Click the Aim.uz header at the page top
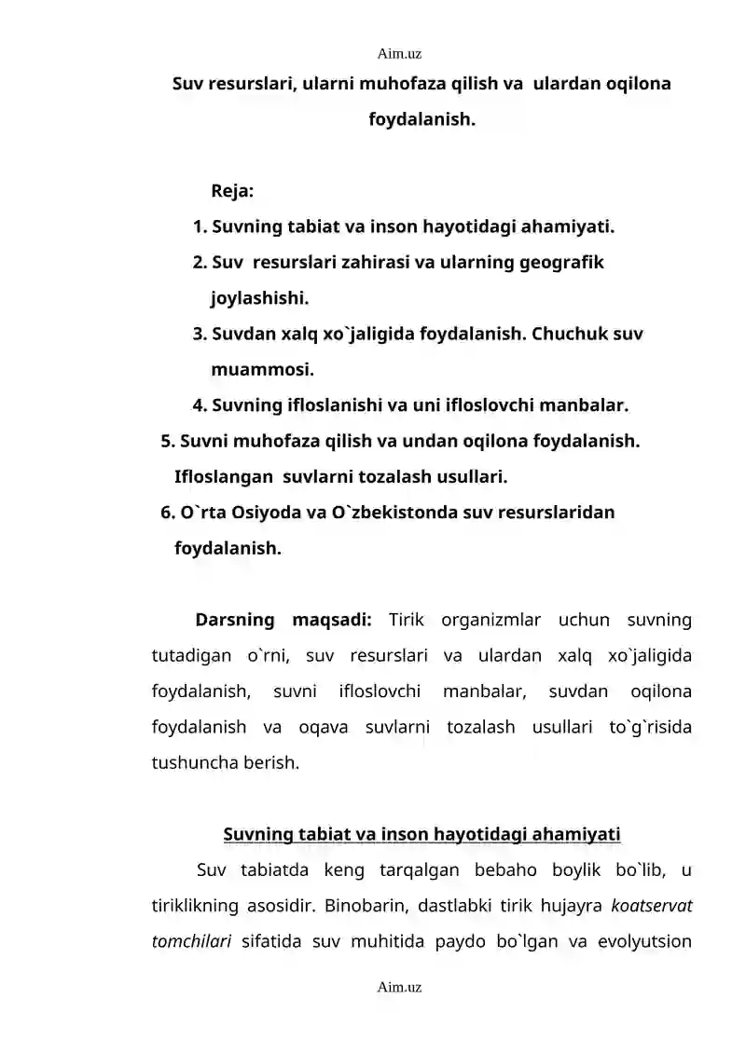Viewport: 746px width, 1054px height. point(399,56)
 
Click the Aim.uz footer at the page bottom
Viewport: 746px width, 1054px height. point(399,986)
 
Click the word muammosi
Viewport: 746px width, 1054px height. point(262,370)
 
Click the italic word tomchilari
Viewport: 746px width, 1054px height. point(191,940)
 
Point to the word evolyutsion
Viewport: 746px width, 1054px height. point(643,940)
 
